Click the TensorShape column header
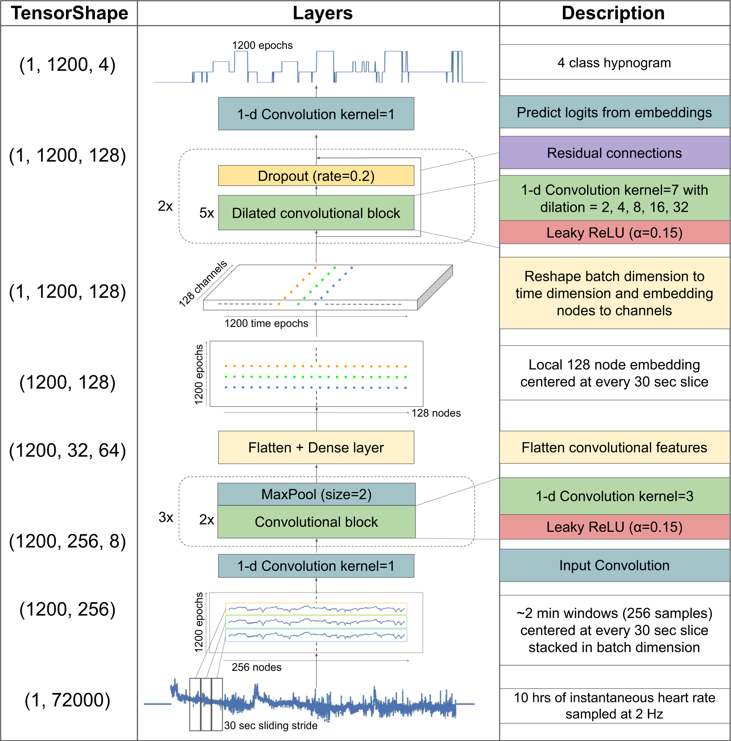point(69,13)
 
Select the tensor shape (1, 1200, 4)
point(67,65)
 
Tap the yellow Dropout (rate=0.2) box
point(316,176)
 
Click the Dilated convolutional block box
point(316,213)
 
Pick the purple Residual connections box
point(614,153)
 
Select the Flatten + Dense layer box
point(316,448)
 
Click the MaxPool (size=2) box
point(316,495)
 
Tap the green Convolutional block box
point(316,522)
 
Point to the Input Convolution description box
point(614,565)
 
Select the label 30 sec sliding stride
point(271,726)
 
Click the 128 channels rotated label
point(202,283)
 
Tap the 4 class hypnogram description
point(614,63)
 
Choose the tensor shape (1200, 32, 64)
point(67,451)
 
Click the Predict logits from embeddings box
point(614,112)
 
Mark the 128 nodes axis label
point(436,413)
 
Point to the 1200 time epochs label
point(266,323)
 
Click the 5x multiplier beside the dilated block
point(207,213)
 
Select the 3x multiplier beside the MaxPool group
point(166,517)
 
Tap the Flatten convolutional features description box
point(614,448)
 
